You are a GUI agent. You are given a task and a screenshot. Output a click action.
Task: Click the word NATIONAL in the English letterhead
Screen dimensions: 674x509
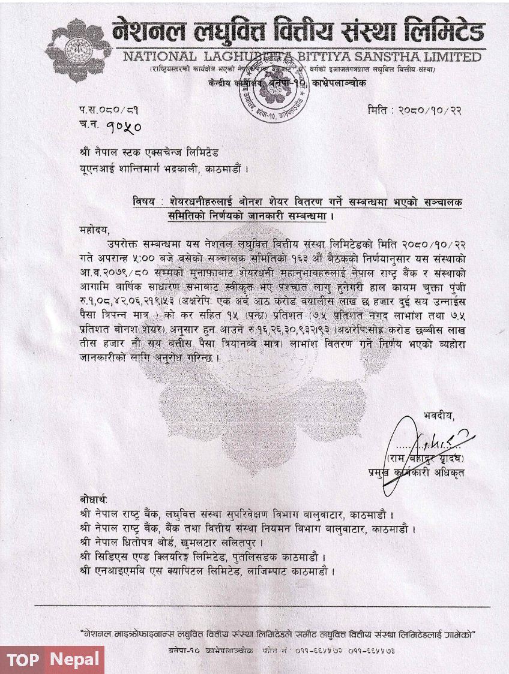(159, 58)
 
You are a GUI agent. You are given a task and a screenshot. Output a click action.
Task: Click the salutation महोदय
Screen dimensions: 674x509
(94, 230)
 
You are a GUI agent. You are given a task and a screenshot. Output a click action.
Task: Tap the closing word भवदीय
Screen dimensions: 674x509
(438, 416)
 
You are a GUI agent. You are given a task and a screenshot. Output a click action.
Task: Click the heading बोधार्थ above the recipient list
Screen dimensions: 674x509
(93, 500)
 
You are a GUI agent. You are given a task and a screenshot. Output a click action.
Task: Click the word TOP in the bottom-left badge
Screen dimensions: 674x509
(24, 660)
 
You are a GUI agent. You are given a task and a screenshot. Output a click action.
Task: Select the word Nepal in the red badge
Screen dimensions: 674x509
(76, 660)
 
